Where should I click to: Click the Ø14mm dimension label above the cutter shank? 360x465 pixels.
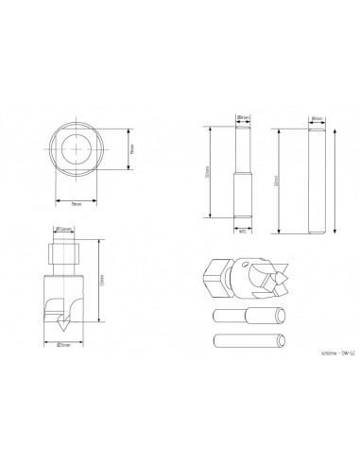tap(66, 228)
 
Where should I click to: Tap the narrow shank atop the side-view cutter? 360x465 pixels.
tap(64, 252)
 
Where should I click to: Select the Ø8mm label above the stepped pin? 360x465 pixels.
tap(243, 117)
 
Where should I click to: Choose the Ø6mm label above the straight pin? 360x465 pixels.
tap(316, 117)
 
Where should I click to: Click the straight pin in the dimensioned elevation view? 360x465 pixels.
tap(316, 177)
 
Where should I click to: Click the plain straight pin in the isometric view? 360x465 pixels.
tap(244, 339)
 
